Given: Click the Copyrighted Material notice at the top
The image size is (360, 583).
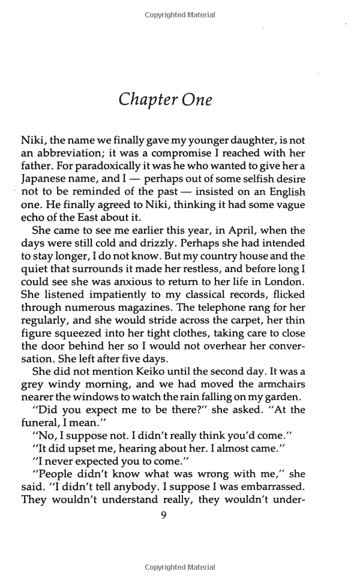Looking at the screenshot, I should (x=179, y=15).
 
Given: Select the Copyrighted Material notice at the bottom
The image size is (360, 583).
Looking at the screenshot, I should (x=179, y=567).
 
